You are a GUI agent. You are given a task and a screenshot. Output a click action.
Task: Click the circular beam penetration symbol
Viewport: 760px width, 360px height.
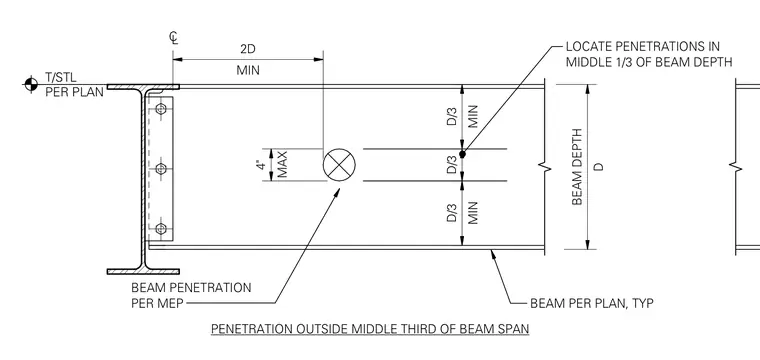coord(339,165)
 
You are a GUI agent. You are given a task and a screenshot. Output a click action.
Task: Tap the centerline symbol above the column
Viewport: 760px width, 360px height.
coord(174,38)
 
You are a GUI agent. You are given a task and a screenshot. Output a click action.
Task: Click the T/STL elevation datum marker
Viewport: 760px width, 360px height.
coord(31,84)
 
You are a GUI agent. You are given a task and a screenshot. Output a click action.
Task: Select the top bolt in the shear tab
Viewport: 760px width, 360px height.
coord(161,110)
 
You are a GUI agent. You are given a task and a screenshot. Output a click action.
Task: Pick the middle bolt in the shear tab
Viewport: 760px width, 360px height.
coord(161,169)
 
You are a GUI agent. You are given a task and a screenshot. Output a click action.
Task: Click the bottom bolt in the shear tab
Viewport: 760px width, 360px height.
coord(161,229)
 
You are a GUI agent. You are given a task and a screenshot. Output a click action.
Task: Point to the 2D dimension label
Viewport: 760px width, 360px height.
coord(248,49)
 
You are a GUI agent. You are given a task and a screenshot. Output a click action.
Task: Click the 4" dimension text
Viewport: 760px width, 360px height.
coord(262,165)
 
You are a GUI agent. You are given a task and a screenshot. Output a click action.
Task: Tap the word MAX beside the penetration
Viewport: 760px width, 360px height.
coord(282,165)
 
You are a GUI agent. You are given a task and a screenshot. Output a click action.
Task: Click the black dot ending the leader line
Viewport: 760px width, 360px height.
coord(462,154)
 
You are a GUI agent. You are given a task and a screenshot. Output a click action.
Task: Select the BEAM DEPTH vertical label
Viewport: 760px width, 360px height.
coord(577,167)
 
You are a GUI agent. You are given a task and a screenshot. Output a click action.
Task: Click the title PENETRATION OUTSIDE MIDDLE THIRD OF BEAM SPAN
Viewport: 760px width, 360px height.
coord(370,329)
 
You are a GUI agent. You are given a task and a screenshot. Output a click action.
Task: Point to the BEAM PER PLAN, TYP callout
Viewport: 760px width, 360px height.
coord(592,304)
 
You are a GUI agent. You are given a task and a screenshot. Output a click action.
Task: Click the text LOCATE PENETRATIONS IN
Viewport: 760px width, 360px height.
coord(643,47)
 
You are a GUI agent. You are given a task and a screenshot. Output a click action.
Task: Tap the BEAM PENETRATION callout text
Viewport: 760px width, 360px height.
coord(191,288)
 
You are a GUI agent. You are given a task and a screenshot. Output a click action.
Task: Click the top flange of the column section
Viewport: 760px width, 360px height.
coord(143,87)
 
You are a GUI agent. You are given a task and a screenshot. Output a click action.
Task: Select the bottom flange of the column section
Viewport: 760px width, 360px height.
coord(143,271)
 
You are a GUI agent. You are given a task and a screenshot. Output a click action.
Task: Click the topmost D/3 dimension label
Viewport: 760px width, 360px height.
coord(452,116)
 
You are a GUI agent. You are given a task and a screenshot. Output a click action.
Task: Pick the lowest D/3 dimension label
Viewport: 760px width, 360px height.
coord(452,212)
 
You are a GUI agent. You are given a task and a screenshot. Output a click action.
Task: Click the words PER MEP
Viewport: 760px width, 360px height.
coord(158,304)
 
